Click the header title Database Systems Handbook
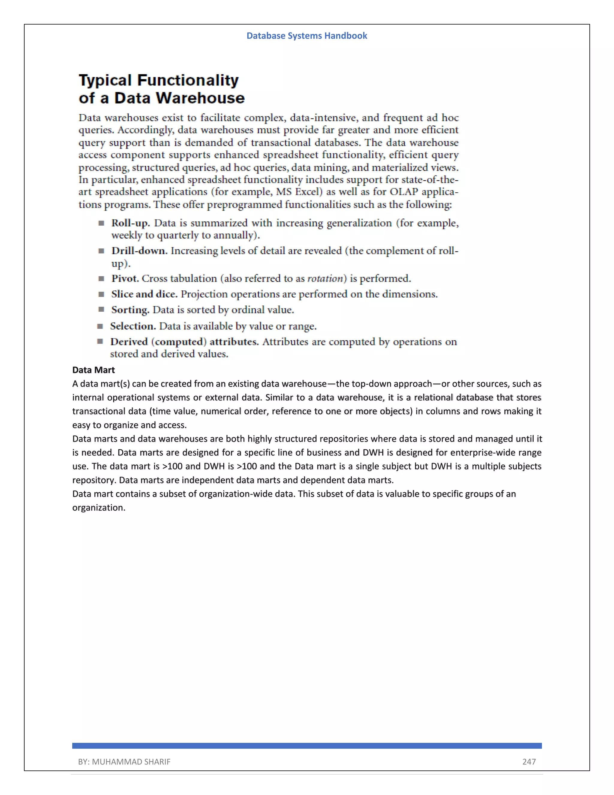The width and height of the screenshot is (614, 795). [307, 36]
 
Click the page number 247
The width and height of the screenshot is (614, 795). [529, 761]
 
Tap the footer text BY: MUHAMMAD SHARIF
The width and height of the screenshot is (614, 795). [124, 761]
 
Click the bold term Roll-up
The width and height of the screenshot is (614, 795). [130, 223]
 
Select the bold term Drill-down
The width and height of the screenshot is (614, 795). [139, 251]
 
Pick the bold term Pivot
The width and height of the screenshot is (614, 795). [125, 278]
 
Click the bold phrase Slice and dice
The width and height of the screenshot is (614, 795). [144, 294]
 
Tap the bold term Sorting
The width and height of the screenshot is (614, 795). [130, 310]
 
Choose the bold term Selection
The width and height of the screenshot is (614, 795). [133, 326]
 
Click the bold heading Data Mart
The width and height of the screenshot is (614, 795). [94, 370]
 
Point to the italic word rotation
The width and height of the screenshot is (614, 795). [325, 279]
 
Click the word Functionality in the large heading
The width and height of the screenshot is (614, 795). [188, 80]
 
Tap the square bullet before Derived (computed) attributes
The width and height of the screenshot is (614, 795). [100, 341]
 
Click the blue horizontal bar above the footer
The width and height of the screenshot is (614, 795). [307, 746]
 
